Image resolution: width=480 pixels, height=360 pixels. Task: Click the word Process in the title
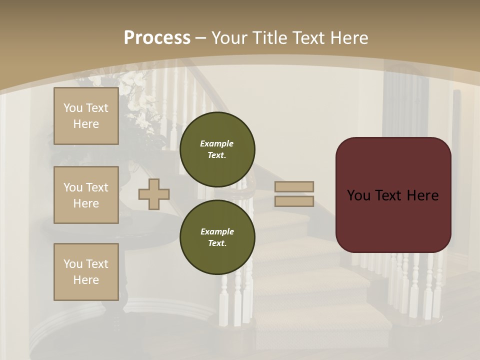[157, 38]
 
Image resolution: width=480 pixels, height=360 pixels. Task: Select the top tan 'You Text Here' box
[86, 116]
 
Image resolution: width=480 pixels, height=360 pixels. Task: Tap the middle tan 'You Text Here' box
[86, 195]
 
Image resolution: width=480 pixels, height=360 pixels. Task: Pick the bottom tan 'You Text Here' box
[86, 272]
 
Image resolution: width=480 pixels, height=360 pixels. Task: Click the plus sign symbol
[154, 194]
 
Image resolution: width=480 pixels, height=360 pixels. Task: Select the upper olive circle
[217, 149]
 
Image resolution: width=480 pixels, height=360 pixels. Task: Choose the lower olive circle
[217, 237]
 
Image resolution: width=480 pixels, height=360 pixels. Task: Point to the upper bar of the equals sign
[294, 186]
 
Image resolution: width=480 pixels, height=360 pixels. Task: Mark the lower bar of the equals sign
[294, 201]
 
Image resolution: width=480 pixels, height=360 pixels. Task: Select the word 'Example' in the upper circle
[216, 143]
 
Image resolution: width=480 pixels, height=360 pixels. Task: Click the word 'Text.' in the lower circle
[217, 243]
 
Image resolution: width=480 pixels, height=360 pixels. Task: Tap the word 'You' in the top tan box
[73, 108]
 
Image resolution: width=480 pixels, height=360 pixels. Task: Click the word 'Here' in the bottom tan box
[86, 280]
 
